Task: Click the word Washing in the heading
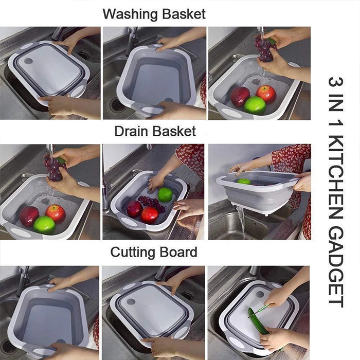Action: tap(131, 15)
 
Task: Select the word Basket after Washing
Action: tap(184, 14)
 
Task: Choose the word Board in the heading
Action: tap(178, 251)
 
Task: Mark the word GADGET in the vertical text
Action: tap(336, 266)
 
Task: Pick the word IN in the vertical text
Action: tap(336, 103)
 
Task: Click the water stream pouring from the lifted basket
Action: tap(241, 222)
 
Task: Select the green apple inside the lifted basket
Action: tap(244, 182)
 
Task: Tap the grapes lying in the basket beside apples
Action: tap(152, 203)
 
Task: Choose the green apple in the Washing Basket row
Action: tap(255, 105)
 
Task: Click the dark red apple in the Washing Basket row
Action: tap(240, 97)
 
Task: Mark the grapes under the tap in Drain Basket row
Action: tap(53, 168)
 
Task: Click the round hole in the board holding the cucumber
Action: tap(260, 294)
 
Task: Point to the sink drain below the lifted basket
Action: tap(253, 223)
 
